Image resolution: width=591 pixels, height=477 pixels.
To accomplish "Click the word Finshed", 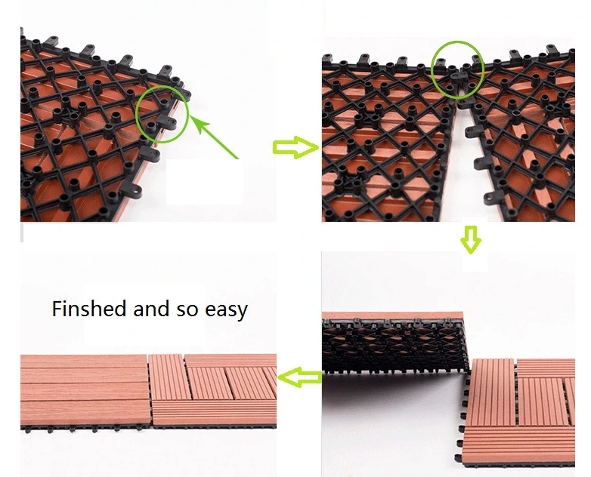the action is (89, 309).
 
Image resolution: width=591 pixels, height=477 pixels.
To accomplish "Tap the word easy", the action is (226, 310).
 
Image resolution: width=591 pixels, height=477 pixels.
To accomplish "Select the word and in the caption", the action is (150, 309).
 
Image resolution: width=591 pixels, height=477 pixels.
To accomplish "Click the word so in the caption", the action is (187, 310).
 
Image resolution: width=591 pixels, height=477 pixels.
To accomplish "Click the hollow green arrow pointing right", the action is (295, 147).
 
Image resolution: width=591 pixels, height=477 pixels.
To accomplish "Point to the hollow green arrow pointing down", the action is (471, 239).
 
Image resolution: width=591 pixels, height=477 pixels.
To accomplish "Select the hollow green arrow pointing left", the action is (300, 377).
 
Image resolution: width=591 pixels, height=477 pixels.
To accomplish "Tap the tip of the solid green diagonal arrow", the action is (190, 115).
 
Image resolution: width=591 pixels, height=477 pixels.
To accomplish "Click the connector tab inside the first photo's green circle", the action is (166, 122).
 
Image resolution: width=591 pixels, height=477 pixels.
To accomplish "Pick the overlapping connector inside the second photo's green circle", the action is (458, 76).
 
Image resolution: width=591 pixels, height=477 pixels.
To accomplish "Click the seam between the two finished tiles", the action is (150, 389).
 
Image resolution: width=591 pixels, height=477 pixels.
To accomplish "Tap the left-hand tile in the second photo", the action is (388, 140).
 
